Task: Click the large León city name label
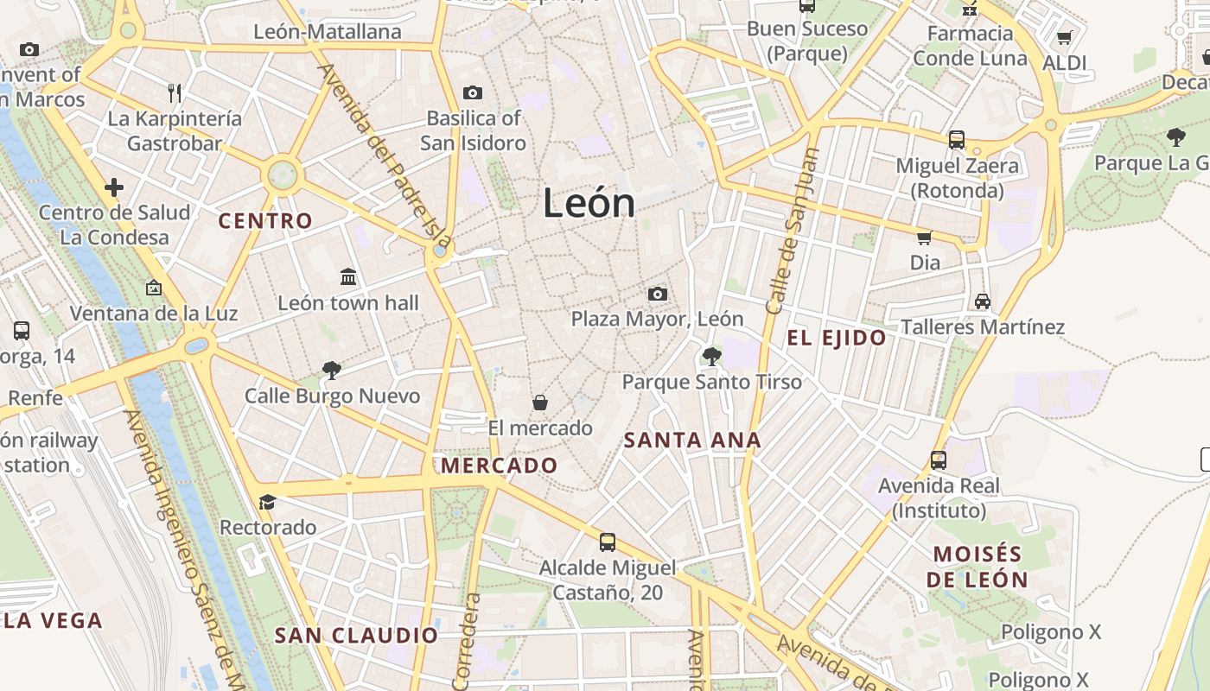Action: [589, 203]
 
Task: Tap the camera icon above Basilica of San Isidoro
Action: [472, 92]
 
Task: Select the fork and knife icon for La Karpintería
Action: [175, 92]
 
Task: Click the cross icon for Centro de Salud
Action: [114, 187]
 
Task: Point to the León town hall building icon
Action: [348, 276]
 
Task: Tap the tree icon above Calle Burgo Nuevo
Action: [331, 371]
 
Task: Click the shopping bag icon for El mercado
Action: [540, 403]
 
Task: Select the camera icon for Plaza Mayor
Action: [657, 294]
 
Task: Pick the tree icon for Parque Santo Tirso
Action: [712, 356]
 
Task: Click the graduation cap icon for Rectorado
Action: [268, 502]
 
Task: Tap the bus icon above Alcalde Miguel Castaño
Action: [608, 542]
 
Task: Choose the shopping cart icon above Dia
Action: [924, 238]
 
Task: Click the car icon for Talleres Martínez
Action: [983, 301]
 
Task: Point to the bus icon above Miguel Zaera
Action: [957, 140]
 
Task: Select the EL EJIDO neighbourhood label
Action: [837, 338]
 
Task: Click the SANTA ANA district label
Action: [692, 441]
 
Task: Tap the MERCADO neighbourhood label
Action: [500, 466]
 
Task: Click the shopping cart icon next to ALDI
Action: [1064, 38]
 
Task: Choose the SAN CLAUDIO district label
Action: [356, 636]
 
